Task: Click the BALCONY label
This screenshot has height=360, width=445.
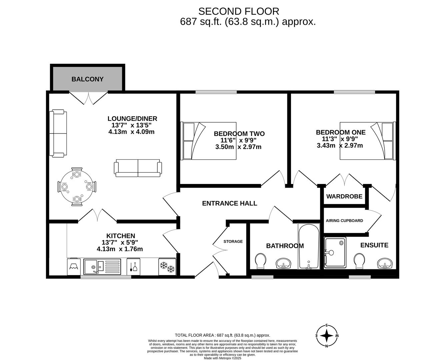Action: [87, 79]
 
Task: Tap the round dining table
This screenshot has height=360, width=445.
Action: [77, 186]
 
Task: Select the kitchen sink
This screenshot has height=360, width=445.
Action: [102, 267]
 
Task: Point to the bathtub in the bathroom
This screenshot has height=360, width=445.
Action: [309, 247]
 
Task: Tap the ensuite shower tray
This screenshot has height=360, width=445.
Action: [335, 252]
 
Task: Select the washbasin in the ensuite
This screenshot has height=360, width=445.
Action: [385, 263]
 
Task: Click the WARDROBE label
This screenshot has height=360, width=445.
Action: [344, 196]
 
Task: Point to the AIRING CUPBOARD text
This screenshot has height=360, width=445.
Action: [344, 220]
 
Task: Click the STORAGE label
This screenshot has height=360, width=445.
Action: [233, 241]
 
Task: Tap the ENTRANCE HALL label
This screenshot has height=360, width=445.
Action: [229, 203]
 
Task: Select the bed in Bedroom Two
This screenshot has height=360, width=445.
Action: [208, 141]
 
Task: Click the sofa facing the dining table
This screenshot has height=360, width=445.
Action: [138, 168]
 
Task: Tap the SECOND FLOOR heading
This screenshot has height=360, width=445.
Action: [239, 11]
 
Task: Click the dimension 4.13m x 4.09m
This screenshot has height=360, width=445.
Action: [131, 132]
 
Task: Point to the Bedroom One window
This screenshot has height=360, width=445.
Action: [354, 92]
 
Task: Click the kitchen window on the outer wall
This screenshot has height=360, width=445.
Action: [106, 277]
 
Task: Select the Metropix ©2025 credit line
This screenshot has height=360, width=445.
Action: [223, 358]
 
